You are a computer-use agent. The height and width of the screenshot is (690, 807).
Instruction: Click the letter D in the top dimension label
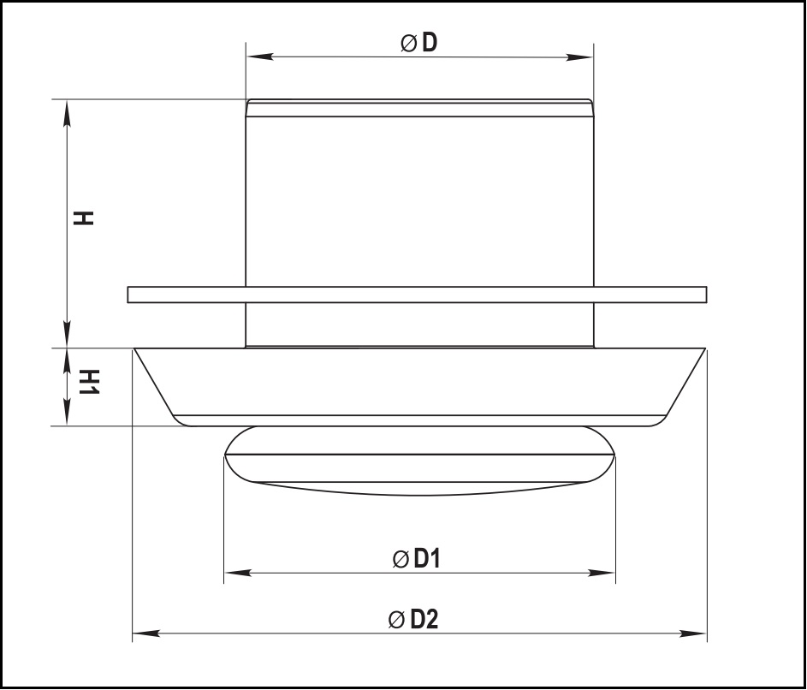point(430,42)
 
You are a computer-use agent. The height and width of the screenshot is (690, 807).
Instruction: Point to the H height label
point(83,217)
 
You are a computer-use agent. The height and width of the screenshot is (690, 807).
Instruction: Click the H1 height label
point(88,382)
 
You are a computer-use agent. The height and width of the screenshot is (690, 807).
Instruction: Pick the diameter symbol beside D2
point(396,620)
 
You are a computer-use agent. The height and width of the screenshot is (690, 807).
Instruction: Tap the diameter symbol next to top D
point(408,43)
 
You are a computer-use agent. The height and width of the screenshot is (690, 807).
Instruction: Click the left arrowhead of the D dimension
point(260,57)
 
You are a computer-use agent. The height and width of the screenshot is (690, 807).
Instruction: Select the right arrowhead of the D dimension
point(579,57)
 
